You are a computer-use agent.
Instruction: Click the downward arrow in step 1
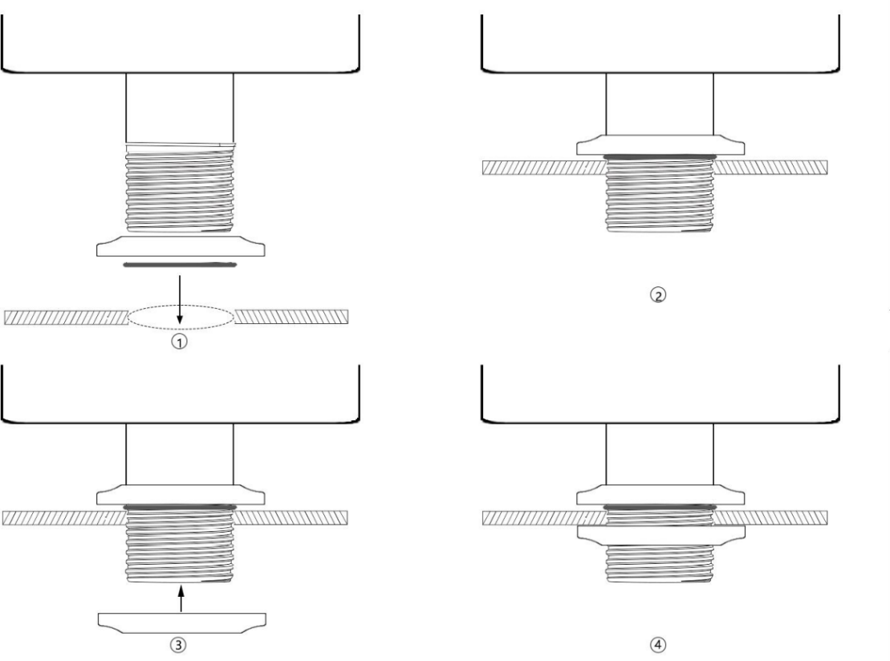tap(181, 301)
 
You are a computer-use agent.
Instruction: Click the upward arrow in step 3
tap(181, 597)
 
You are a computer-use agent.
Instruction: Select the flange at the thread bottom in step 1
tap(181, 246)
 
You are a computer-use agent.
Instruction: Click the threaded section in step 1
tap(181, 189)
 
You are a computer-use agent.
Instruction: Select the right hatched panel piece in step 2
tap(770, 167)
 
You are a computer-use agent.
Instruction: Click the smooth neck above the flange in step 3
tap(181, 455)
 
